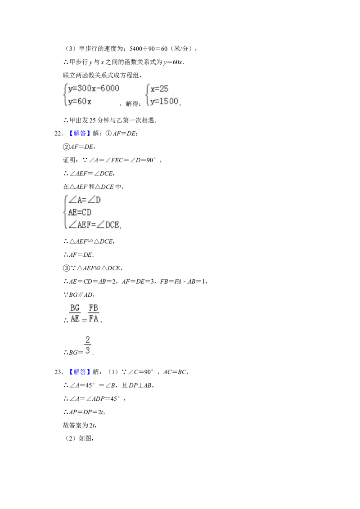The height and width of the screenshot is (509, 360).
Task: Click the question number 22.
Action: pos(58,134)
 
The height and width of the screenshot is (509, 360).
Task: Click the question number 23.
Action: pos(58,372)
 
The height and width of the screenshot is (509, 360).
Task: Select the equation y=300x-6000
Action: pos(94,88)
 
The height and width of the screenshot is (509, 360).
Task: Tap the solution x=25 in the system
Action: pos(160,89)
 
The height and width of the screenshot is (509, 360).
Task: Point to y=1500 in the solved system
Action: pos(164,101)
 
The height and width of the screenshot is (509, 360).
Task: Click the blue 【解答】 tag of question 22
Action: pos(78,134)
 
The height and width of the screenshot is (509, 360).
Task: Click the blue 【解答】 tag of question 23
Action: pos(78,372)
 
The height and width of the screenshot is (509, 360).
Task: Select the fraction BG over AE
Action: pos(75,313)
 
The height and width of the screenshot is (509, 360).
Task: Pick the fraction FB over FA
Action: pos(94,313)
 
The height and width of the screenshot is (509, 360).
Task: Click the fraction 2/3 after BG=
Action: pos(88,345)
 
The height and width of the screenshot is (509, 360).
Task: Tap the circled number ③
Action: pos(66,268)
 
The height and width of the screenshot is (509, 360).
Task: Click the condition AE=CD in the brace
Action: pos(80,213)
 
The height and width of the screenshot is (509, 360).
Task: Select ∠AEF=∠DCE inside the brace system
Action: pos(94,225)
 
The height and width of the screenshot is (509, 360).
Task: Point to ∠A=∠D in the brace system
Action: pos(85,200)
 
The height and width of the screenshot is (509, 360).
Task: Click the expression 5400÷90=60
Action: pos(148,49)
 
